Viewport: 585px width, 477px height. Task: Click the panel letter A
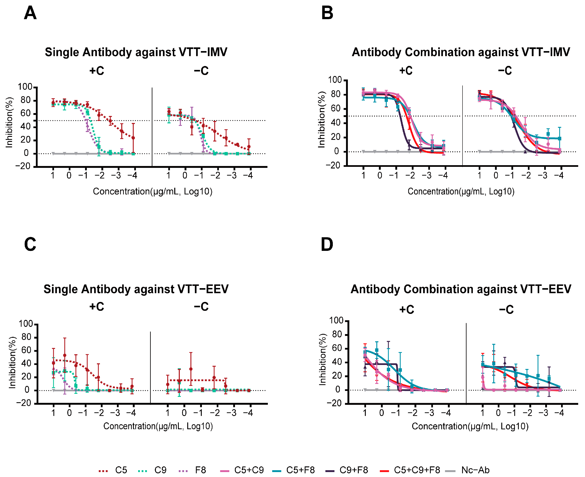30,13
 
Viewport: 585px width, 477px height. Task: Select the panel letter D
327,244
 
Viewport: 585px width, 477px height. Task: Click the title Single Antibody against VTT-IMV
136,52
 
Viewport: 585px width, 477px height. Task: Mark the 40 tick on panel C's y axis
26,364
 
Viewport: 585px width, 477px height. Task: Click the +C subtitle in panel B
406,71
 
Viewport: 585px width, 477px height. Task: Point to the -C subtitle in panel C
201,307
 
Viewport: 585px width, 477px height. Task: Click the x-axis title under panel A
153,191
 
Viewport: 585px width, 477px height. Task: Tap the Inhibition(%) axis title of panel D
322,359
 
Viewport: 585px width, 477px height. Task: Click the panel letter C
30,244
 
